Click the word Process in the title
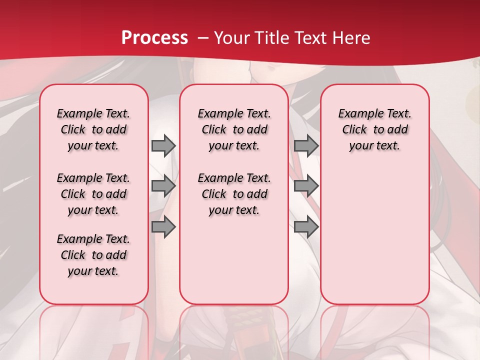[x=154, y=37]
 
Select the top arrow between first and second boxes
[x=163, y=145]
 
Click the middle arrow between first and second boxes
[x=163, y=186]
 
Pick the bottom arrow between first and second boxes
[x=163, y=226]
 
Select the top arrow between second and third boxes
[x=306, y=145]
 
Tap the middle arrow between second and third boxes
[x=306, y=186]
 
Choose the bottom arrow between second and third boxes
[x=306, y=226]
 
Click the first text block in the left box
[x=93, y=129]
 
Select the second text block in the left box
[x=93, y=194]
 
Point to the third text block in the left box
[x=93, y=255]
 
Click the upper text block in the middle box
[x=234, y=129]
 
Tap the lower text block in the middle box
[x=234, y=194]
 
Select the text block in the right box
[x=374, y=129]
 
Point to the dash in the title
[x=203, y=37]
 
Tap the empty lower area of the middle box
[x=234, y=260]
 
